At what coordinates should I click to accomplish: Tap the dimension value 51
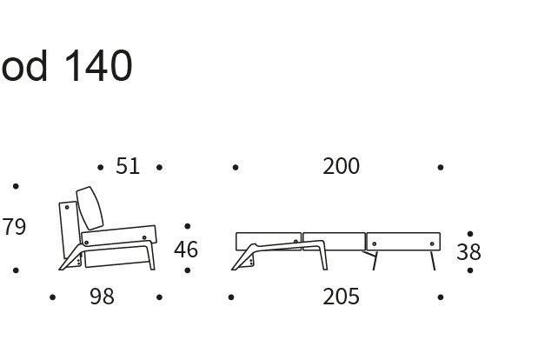coord(128,166)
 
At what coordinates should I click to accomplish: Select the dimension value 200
coord(341,166)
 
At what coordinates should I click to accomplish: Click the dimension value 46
coord(186,250)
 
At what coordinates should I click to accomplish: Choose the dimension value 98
coord(102,297)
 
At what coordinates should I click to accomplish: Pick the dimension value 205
coord(341,297)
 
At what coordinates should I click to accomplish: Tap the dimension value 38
coord(468,252)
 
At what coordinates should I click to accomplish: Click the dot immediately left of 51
coord(101,167)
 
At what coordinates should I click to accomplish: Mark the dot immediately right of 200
coord(441,167)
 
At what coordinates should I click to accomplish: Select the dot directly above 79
coord(16,186)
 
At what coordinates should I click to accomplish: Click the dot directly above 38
coord(470,233)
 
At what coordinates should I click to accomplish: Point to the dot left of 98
coord(53,297)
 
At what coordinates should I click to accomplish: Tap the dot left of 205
coord(231,297)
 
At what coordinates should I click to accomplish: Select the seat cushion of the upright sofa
coord(117,236)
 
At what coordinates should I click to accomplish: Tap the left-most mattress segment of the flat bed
coord(268,241)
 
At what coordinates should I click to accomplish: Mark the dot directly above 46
coord(188,227)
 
